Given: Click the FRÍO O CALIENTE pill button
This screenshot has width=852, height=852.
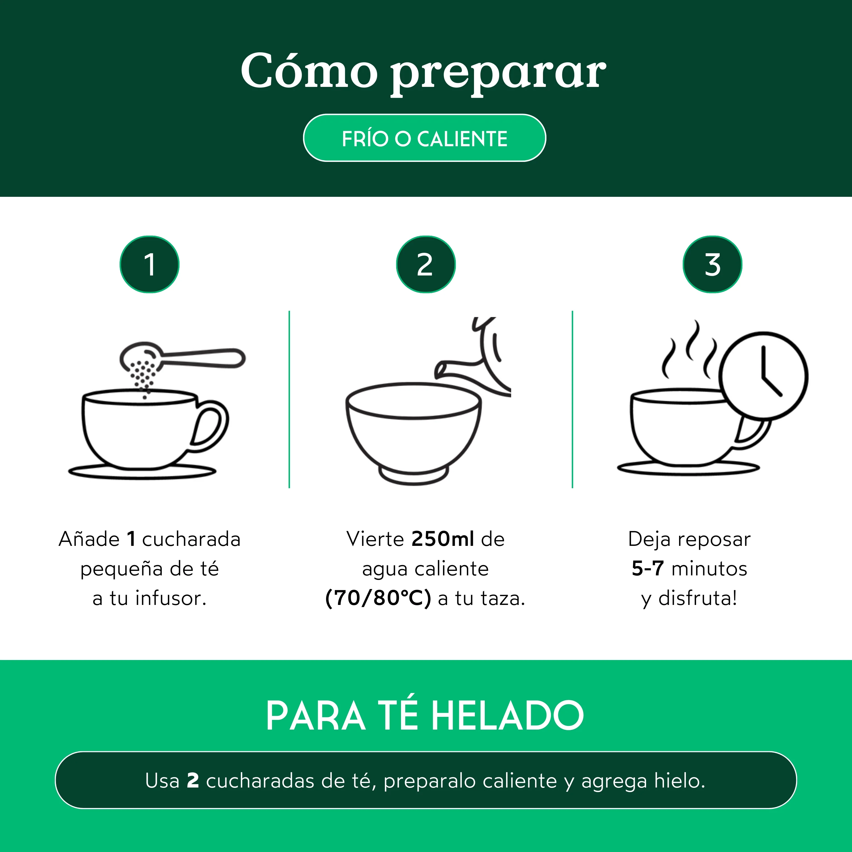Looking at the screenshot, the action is (424, 138).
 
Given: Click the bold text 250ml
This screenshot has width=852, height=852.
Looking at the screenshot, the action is (443, 539).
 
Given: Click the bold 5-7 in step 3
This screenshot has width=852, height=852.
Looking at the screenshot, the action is (648, 569).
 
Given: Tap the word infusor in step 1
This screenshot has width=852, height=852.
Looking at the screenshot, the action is (171, 598).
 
